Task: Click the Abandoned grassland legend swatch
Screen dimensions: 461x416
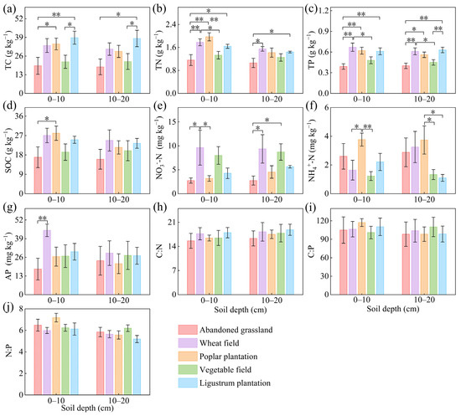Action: pyautogui.click(x=188, y=330)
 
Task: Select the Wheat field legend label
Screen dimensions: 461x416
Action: pyautogui.click(x=220, y=343)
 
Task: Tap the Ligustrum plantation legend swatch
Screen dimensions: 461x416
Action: pyautogui.click(x=188, y=383)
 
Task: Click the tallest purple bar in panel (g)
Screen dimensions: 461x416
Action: pyautogui.click(x=47, y=262)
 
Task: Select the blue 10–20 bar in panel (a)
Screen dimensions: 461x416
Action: pyautogui.click(x=137, y=65)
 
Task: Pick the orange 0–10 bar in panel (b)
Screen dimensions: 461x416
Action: pyautogui.click(x=209, y=65)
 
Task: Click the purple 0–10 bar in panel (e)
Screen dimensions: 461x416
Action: pyautogui.click(x=200, y=171)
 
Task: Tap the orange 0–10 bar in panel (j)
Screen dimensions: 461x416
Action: pyautogui.click(x=56, y=356)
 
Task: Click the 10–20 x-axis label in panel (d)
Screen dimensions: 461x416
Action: pyautogui.click(x=119, y=200)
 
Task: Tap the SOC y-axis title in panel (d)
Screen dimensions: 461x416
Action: pyautogui.click(x=8, y=150)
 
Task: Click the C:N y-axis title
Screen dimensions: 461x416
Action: pyautogui.click(x=159, y=251)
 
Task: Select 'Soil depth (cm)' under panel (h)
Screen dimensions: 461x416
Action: pyautogui.click(x=241, y=310)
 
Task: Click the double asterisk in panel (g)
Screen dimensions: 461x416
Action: pyautogui.click(x=43, y=218)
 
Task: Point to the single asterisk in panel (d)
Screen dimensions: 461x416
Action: pyautogui.click(x=47, y=119)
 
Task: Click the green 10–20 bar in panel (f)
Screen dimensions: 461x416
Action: pyautogui.click(x=433, y=184)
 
